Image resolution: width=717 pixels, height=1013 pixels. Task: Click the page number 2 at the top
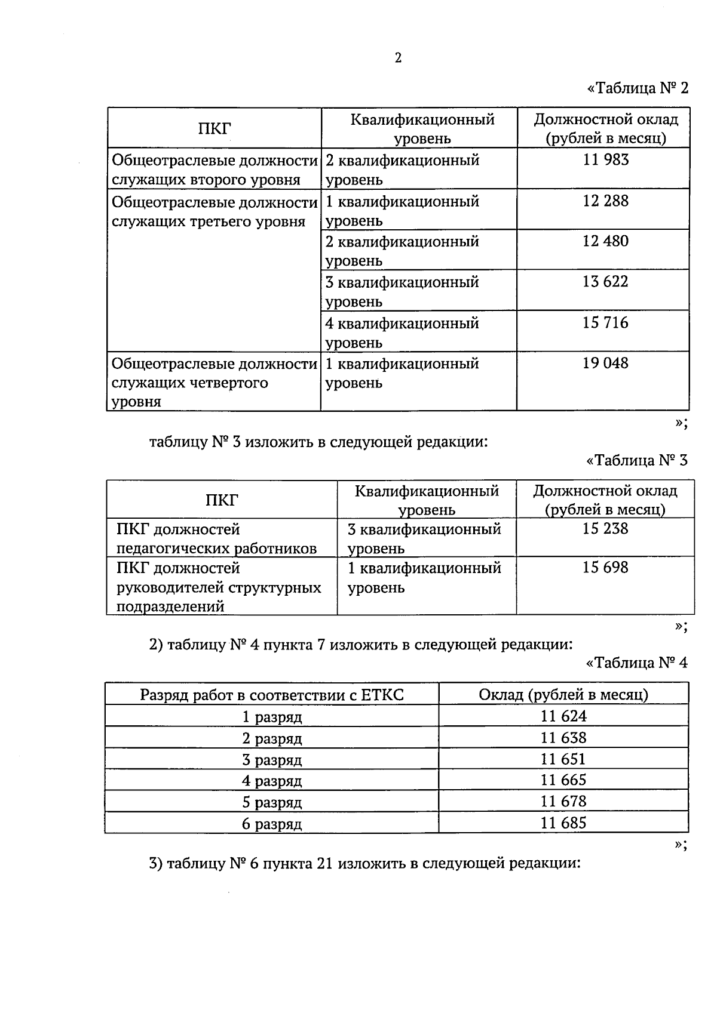pyautogui.click(x=398, y=57)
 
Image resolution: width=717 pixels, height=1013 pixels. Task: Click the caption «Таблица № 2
pyautogui.click(x=638, y=88)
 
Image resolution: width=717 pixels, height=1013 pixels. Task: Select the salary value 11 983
pyautogui.click(x=606, y=159)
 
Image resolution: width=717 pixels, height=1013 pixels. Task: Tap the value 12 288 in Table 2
pyautogui.click(x=606, y=201)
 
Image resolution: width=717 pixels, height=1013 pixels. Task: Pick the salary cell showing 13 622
pyautogui.click(x=606, y=281)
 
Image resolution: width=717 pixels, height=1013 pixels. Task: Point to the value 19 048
pyautogui.click(x=606, y=363)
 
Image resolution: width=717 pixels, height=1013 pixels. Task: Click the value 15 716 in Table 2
pyautogui.click(x=606, y=322)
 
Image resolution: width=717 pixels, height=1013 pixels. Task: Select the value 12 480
pyautogui.click(x=606, y=241)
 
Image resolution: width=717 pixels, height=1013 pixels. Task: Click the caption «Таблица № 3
pyautogui.click(x=637, y=460)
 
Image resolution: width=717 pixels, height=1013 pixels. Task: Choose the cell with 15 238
pyautogui.click(x=605, y=528)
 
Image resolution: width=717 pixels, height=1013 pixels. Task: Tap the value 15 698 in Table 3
pyautogui.click(x=605, y=567)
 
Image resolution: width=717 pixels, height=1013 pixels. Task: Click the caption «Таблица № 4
pyautogui.click(x=637, y=663)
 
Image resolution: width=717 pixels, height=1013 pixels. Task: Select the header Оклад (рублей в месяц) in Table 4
pyautogui.click(x=563, y=694)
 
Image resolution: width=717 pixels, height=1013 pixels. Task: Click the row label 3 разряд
pyautogui.click(x=272, y=760)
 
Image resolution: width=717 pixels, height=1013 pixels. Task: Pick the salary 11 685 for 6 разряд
pyautogui.click(x=563, y=823)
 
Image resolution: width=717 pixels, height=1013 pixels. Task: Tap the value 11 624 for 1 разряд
pyautogui.click(x=563, y=716)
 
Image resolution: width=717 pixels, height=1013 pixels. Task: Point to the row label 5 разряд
pyautogui.click(x=272, y=802)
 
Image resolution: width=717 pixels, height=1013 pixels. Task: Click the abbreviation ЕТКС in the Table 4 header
pyautogui.click(x=382, y=695)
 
